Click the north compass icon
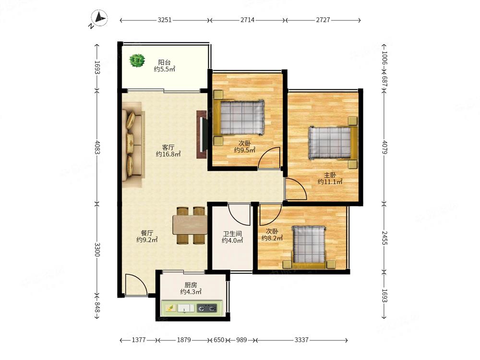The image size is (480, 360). point(98,19)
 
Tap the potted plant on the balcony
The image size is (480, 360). point(137,60)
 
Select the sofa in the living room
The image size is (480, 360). point(132,144)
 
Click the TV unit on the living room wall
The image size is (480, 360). point(202,134)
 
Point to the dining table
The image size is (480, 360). point(190,225)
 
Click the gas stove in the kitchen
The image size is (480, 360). point(206,308)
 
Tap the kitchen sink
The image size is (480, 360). point(186,308)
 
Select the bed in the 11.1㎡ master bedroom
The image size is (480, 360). point(333,143)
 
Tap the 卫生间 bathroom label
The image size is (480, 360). point(232,234)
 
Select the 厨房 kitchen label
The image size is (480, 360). point(191,285)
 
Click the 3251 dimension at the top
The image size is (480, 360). point(165,20)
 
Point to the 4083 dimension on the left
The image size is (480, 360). point(97,147)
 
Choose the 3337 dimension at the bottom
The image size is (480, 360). point(301,340)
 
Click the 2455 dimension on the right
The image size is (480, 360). point(384,238)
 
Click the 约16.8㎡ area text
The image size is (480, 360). point(168,154)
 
